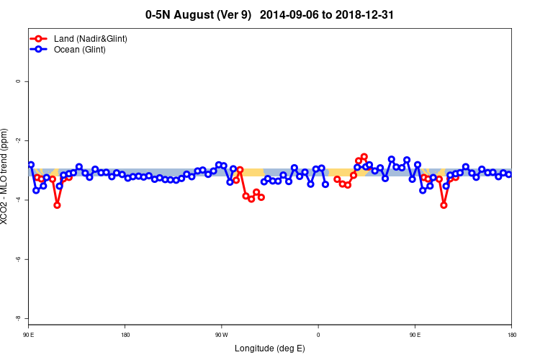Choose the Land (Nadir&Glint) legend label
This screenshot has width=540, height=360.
pos(91,38)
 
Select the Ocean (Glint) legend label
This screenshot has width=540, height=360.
pos(80,50)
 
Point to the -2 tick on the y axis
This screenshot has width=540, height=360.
pos(18,140)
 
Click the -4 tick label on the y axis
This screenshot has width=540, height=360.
pos(18,199)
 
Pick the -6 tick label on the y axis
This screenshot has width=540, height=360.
pos(18,258)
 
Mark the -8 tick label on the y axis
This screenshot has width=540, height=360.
pos(18,318)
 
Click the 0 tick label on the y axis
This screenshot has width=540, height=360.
pos(18,81)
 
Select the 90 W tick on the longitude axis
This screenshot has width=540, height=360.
pos(221,335)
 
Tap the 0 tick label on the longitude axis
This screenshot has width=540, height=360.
pos(318,335)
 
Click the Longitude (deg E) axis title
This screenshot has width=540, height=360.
pos(270,348)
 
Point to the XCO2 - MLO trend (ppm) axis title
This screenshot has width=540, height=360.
pos(6,177)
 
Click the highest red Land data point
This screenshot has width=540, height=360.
pos(364,157)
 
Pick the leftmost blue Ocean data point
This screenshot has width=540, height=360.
pos(31,165)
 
